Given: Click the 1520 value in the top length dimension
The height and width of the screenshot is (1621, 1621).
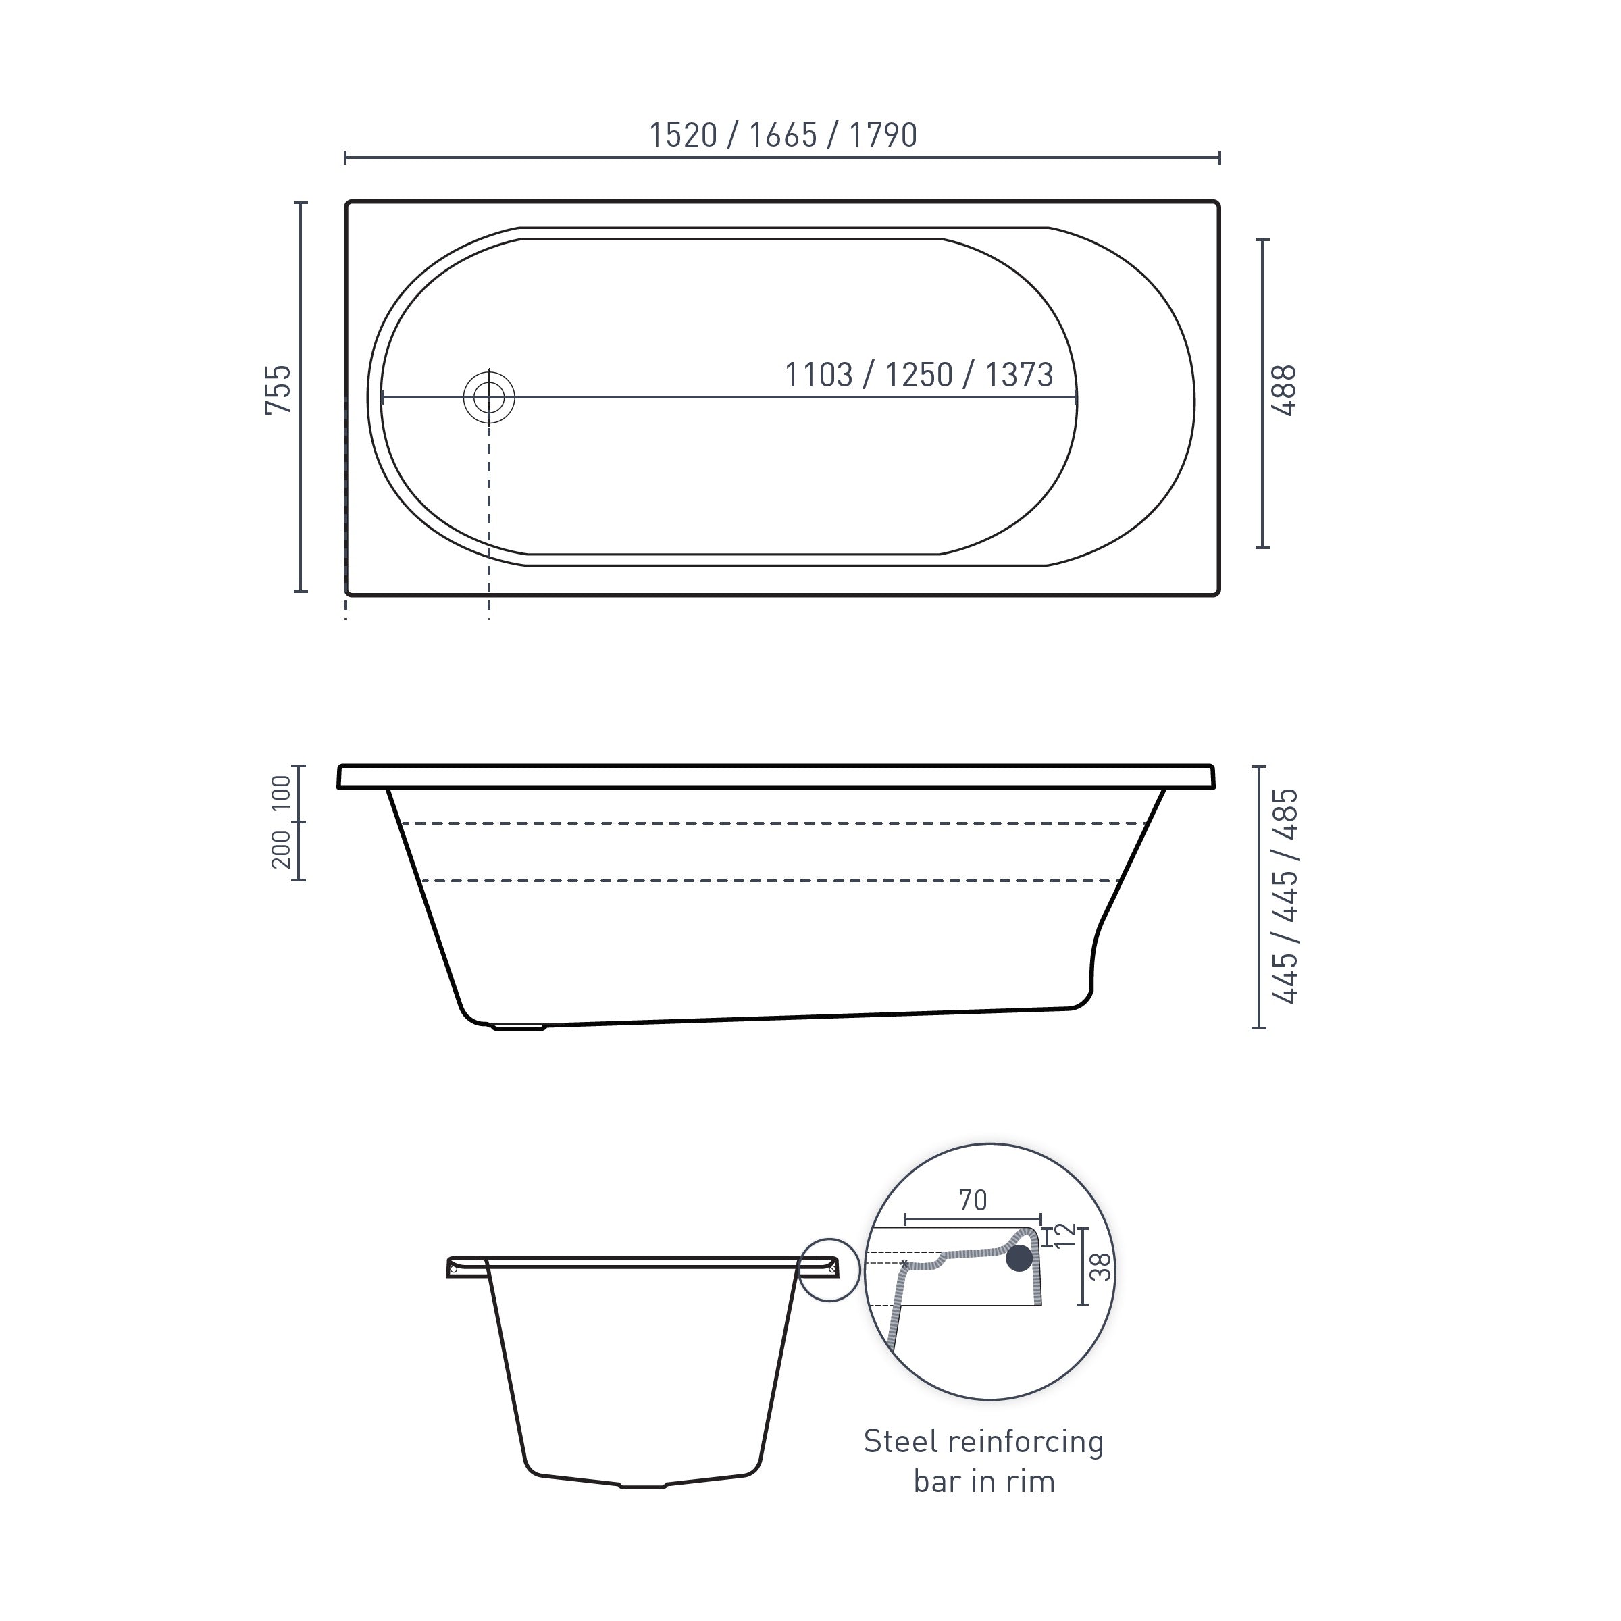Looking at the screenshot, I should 683,135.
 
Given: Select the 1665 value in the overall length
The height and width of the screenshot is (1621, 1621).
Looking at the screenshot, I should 783,135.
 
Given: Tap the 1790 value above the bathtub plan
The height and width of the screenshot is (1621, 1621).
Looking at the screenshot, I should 883,135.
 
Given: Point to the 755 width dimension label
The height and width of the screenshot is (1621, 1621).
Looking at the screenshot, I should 278,389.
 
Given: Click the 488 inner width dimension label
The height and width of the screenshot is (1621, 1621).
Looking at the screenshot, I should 1285,391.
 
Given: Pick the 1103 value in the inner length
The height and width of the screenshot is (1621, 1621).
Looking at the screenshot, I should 818,375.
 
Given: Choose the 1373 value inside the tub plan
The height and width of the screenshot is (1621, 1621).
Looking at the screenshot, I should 1019,375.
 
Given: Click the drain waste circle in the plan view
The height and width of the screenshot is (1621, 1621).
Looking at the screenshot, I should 489,397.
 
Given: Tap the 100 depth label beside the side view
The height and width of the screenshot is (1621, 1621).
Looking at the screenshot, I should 281,793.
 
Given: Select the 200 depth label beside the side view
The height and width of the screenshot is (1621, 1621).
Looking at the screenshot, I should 281,849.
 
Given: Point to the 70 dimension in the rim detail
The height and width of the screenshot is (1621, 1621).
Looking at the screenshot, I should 973,1201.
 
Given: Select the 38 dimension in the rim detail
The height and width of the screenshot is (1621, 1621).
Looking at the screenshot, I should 1102,1267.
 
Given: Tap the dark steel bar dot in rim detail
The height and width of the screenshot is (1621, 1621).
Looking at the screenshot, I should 1019,1258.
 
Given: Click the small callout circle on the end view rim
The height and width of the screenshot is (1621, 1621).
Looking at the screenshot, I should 829,1270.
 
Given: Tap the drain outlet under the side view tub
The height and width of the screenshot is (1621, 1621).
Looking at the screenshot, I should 519,1026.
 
